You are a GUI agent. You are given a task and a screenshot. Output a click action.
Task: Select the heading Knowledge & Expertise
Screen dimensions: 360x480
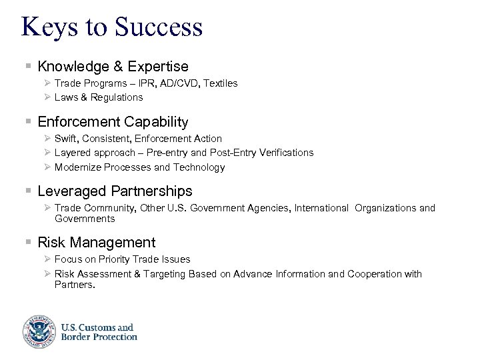(113, 67)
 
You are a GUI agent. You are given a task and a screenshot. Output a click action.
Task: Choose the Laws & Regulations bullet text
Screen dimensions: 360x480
(99, 97)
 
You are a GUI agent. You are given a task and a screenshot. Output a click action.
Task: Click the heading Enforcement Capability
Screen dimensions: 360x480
(113, 122)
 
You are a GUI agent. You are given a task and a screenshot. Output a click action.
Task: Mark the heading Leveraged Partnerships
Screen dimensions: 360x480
(115, 191)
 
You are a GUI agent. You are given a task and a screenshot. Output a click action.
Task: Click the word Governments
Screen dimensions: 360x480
(85, 219)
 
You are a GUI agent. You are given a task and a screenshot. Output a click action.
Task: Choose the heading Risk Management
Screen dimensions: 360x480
(97, 243)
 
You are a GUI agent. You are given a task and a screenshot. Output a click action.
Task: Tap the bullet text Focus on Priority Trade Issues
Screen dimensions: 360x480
(122, 259)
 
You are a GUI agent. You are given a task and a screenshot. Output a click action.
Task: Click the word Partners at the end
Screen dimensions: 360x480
(75, 285)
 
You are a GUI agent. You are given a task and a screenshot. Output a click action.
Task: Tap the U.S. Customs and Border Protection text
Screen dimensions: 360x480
(99, 331)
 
